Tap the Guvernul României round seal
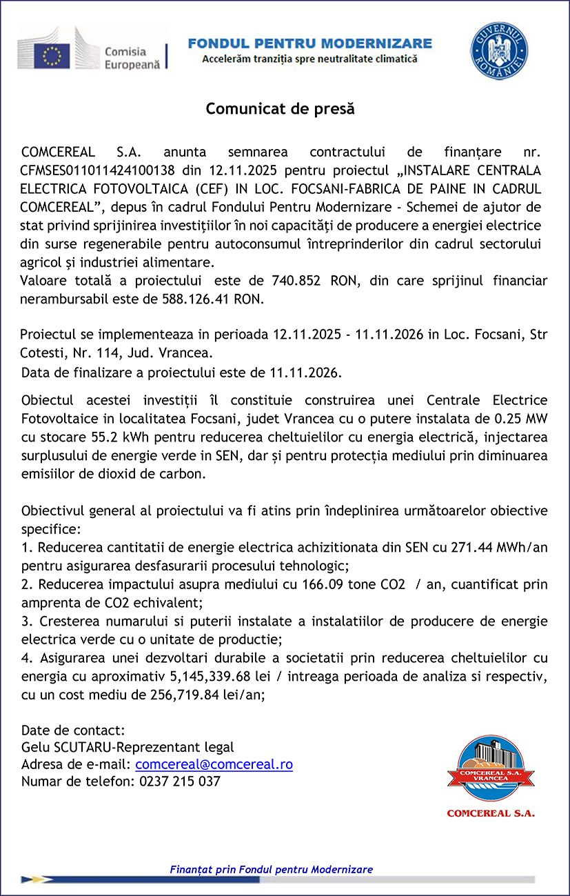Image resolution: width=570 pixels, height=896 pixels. pos(499,50)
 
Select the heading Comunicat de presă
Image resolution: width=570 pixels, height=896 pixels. pos(280,109)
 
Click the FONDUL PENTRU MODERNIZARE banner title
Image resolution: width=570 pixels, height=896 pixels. pos(310,43)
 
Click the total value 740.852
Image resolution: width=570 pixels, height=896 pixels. pos(301,281)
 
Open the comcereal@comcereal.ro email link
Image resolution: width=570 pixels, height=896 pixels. pos(214,764)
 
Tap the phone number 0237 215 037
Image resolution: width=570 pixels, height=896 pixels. pos(179,781)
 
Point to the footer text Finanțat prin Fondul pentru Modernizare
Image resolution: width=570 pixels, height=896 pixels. pos(271,870)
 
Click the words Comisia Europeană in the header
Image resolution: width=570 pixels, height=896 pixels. pos(132,58)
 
